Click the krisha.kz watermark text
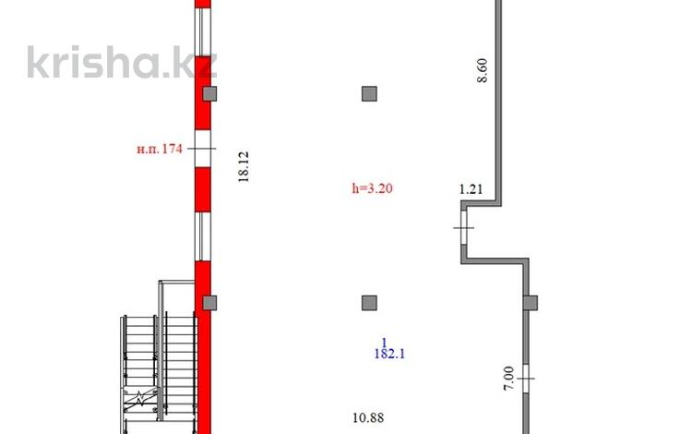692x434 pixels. point(122,62)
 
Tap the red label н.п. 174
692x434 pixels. point(160,149)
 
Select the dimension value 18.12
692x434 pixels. point(244,166)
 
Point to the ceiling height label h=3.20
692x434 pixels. point(372,188)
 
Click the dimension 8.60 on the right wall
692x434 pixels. point(483,70)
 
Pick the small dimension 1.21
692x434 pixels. point(471,189)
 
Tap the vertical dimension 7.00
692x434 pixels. point(508,379)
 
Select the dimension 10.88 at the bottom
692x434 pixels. point(368,417)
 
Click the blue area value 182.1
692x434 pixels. point(389,354)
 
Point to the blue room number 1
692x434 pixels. point(385,343)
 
